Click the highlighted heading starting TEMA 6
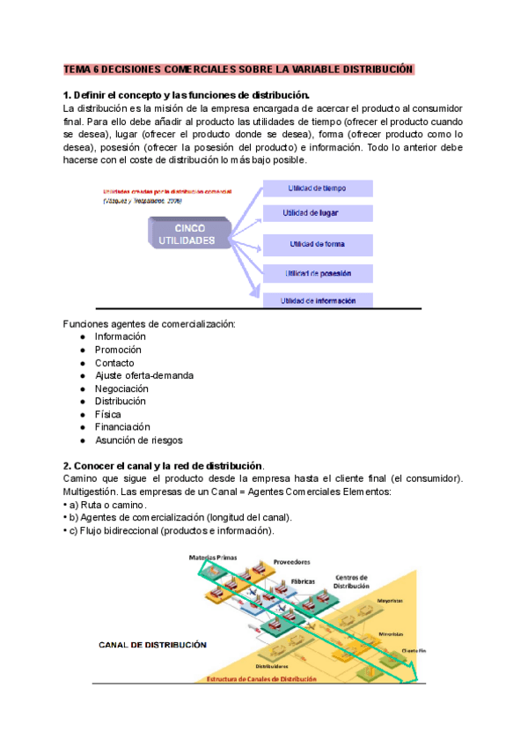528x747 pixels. pyautogui.click(x=238, y=69)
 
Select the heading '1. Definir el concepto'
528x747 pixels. pyautogui.click(x=186, y=95)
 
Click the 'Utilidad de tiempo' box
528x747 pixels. pyautogui.click(x=318, y=188)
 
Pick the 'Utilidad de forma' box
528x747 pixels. pyautogui.click(x=318, y=244)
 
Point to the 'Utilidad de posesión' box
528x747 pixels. pyautogui.click(x=318, y=273)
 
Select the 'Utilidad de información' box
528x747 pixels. pyautogui.click(x=318, y=300)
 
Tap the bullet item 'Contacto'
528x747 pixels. pyautogui.click(x=114, y=363)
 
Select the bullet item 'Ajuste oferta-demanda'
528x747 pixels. pyautogui.click(x=144, y=375)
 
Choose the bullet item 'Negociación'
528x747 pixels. pyautogui.click(x=121, y=388)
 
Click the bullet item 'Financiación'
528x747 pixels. pyautogui.click(x=122, y=427)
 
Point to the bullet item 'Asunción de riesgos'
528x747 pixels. pyautogui.click(x=139, y=440)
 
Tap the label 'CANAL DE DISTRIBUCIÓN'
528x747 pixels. pyautogui.click(x=152, y=645)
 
